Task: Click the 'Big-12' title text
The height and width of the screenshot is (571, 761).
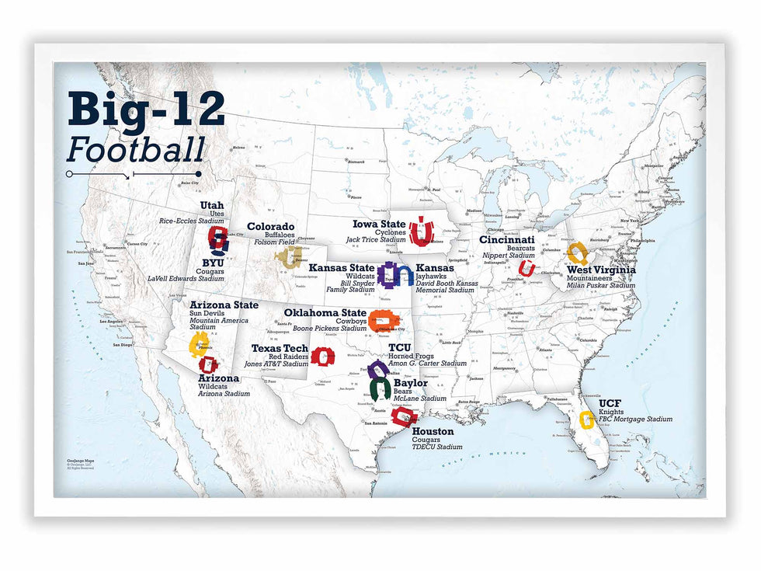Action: [146, 110]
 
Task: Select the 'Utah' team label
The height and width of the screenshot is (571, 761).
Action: [211, 205]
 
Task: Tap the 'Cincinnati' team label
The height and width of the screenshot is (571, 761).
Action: [506, 240]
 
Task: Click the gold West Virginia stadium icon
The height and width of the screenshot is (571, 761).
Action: [576, 253]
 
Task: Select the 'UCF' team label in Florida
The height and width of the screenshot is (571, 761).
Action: [610, 404]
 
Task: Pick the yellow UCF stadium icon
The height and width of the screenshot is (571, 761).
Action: [587, 420]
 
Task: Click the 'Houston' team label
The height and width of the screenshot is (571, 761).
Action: [433, 431]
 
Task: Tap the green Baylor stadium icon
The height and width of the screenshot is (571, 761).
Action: [379, 389]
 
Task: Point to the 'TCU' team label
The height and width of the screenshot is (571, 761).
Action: [400, 348]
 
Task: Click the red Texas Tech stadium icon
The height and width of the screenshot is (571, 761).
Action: [322, 357]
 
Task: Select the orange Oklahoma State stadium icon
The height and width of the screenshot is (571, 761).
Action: [381, 319]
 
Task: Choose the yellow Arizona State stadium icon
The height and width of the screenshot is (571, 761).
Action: [199, 343]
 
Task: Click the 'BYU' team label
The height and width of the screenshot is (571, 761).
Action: [212, 263]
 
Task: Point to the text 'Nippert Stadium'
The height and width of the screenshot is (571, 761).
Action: [509, 256]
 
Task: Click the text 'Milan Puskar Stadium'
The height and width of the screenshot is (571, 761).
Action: [600, 285]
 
